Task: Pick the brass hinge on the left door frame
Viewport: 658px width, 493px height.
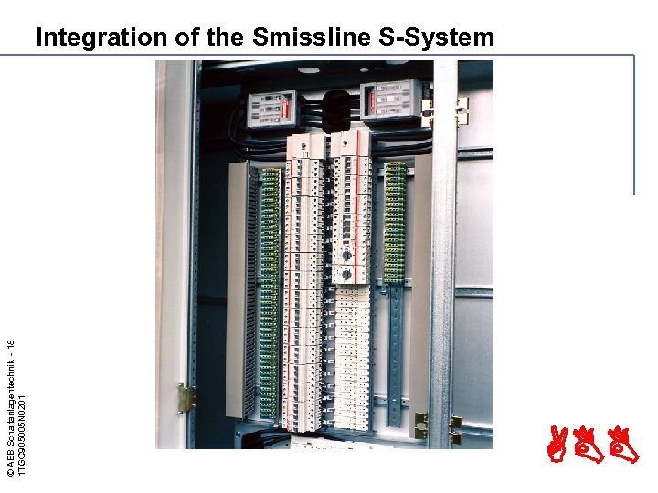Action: (x=187, y=397)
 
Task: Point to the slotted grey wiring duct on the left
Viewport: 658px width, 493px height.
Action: (x=237, y=292)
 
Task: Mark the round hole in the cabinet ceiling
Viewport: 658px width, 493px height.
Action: (x=309, y=70)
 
